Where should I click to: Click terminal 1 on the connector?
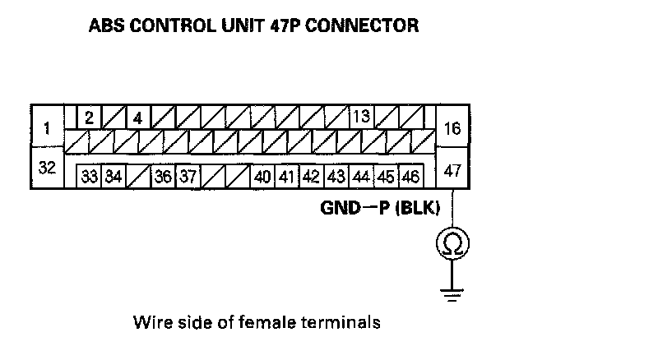pos(47,128)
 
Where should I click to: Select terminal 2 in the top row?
pos(89,117)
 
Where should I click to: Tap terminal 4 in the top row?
pos(137,118)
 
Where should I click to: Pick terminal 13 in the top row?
pos(360,116)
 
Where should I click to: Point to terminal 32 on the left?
pos(47,168)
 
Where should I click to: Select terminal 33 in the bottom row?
pos(89,177)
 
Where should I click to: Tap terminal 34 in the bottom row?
pos(114,177)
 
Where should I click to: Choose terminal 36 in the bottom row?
pos(163,177)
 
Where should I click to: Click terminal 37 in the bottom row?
pos(188,177)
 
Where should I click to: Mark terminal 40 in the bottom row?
pos(263,177)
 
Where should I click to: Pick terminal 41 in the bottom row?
pos(287,177)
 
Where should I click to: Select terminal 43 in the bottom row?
pos(336,177)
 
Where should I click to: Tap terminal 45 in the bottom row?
pos(386,177)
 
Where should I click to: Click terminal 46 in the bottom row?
pos(410,177)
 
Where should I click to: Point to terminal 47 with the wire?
pos(452,170)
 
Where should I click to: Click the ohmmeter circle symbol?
pos(452,242)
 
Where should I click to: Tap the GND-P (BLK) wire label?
pos(380,208)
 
